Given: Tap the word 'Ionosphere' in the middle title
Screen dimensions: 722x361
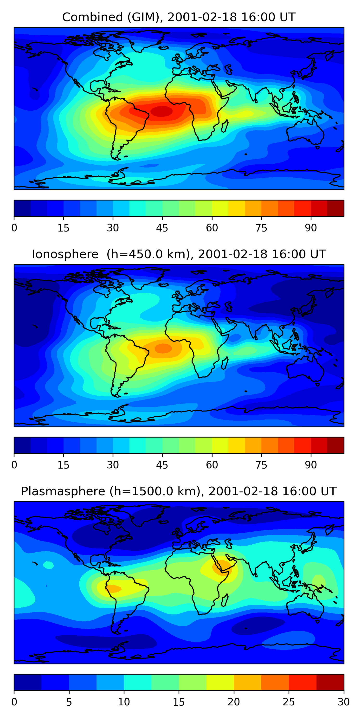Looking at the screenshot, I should [x=65, y=254].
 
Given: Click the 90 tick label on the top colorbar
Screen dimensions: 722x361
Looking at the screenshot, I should [x=311, y=228].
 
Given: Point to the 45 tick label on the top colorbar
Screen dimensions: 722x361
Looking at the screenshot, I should [x=162, y=228].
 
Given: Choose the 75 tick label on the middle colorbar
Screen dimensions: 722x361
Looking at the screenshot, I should [x=261, y=465].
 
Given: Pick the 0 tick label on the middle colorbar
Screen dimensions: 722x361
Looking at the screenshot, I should [x=14, y=465].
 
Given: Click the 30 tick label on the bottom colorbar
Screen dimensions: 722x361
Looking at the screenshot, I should [x=344, y=702].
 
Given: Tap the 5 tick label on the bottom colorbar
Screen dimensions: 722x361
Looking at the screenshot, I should [x=69, y=702].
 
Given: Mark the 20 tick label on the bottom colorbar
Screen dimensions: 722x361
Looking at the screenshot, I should [x=234, y=702].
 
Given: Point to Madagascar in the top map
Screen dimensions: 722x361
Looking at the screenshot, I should [x=225, y=126].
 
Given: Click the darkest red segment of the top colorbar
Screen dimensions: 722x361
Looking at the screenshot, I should [x=335, y=208].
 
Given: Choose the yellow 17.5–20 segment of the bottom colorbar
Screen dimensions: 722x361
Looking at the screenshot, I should [x=220, y=683].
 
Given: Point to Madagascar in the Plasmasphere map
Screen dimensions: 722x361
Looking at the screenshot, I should [x=225, y=600].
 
